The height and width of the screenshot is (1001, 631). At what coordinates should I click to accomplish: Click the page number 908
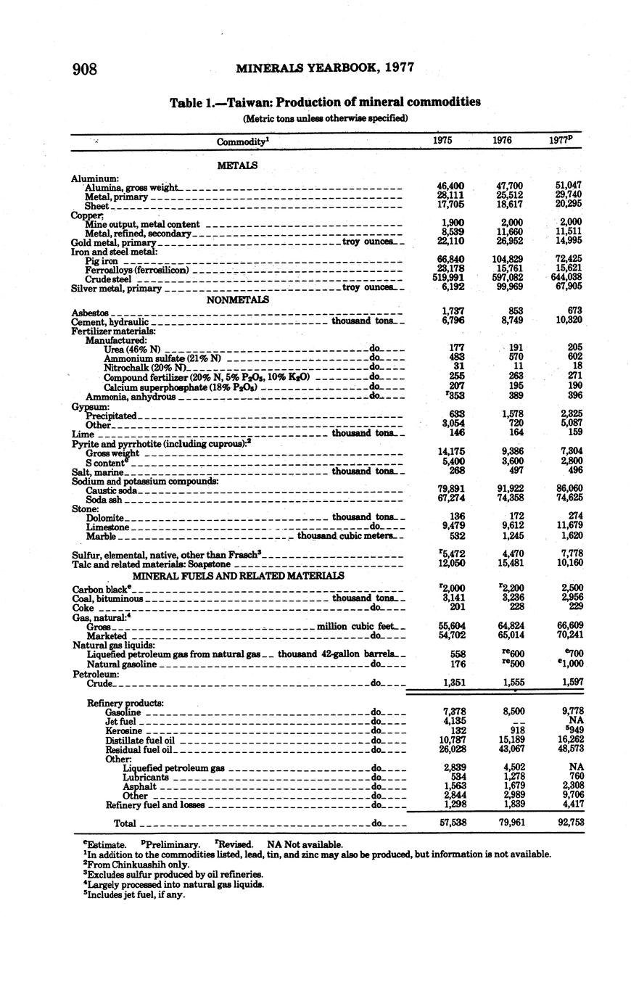point(85,69)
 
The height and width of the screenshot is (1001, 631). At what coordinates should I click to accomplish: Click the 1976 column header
point(502,141)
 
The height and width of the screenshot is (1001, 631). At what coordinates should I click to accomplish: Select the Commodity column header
point(243,141)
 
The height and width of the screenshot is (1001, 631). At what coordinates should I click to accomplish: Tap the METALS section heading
point(237,165)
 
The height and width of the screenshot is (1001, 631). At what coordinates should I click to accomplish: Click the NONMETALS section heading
point(237,300)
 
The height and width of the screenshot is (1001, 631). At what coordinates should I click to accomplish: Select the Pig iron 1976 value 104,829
point(506,259)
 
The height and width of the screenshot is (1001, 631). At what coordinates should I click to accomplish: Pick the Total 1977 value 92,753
point(569,823)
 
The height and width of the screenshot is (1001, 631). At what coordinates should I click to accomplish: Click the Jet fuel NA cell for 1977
point(576,721)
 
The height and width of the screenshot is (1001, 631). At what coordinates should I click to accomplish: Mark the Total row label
point(125,823)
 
